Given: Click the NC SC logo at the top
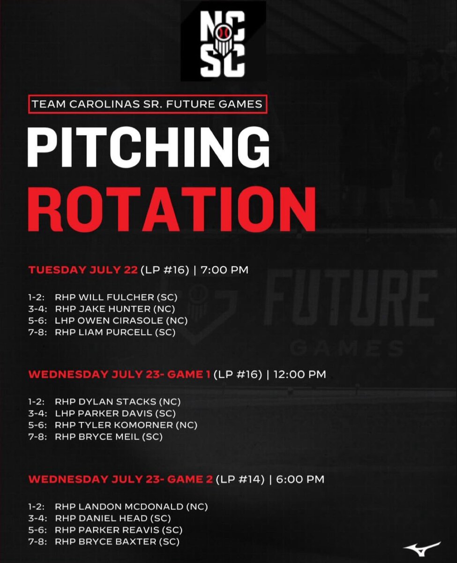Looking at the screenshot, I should click(x=223, y=41).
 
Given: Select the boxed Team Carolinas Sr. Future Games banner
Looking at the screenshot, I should click(x=147, y=104).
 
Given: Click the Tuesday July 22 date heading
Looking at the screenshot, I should click(x=83, y=270).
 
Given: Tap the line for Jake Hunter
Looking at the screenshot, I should click(x=115, y=309).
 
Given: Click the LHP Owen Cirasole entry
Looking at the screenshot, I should click(x=121, y=321).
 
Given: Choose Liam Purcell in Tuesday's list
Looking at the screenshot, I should click(x=115, y=333).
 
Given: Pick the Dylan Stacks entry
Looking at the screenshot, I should click(x=118, y=402).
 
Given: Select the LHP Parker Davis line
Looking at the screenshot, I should click(x=115, y=413).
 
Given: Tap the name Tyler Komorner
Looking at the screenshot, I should click(x=126, y=425).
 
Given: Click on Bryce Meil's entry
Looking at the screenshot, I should click(x=109, y=437).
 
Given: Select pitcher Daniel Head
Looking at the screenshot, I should click(x=112, y=518).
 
